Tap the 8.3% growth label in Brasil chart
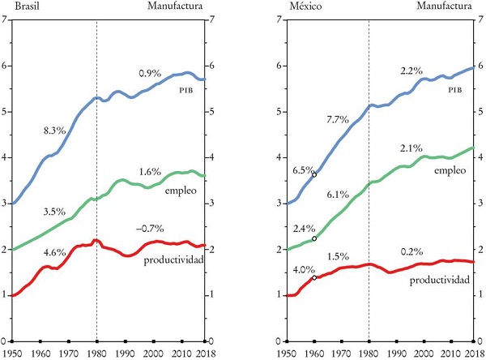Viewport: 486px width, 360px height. click(57, 129)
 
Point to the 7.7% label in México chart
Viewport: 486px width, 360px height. click(336, 120)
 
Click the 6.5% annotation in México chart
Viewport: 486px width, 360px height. click(301, 171)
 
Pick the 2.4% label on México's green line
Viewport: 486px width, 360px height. click(301, 229)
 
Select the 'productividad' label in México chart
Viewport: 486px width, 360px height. click(442, 280)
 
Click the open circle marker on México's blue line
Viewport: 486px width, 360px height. click(314, 174)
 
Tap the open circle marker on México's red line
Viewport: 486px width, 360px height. click(314, 278)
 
